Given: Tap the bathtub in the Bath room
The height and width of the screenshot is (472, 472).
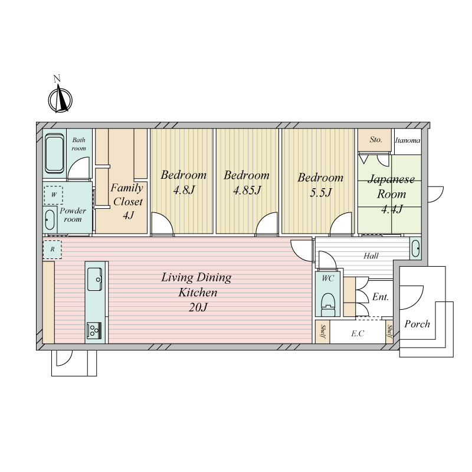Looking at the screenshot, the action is click(54, 153).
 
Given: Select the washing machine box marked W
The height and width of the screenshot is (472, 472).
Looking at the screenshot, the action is click(54, 195).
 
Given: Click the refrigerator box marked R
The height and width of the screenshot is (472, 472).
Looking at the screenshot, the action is click(53, 249).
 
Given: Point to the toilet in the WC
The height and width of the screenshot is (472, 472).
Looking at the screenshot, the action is click(328, 304).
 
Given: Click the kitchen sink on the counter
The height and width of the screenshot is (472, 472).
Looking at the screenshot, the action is click(95, 279).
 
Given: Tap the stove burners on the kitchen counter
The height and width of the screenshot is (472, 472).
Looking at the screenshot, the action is click(94, 331).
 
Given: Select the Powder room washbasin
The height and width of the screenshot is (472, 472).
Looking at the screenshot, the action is click(50, 219).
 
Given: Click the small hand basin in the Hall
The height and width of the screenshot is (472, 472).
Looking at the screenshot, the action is click(416, 248).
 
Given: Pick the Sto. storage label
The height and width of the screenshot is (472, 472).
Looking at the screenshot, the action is click(376, 139).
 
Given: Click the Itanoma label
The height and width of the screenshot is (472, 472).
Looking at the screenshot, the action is click(408, 140).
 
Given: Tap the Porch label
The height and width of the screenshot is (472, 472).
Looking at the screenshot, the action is click(417, 324).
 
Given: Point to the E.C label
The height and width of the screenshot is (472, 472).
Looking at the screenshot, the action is click(358, 333).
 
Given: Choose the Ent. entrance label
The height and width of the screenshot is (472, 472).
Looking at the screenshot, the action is click(381, 297).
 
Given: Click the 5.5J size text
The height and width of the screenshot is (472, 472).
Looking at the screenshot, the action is click(321, 192).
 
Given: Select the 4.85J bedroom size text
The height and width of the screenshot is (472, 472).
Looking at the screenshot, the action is click(247, 190).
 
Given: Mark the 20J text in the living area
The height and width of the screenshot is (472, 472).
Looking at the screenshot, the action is click(198, 307).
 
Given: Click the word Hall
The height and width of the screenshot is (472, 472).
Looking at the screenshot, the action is click(371, 256).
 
